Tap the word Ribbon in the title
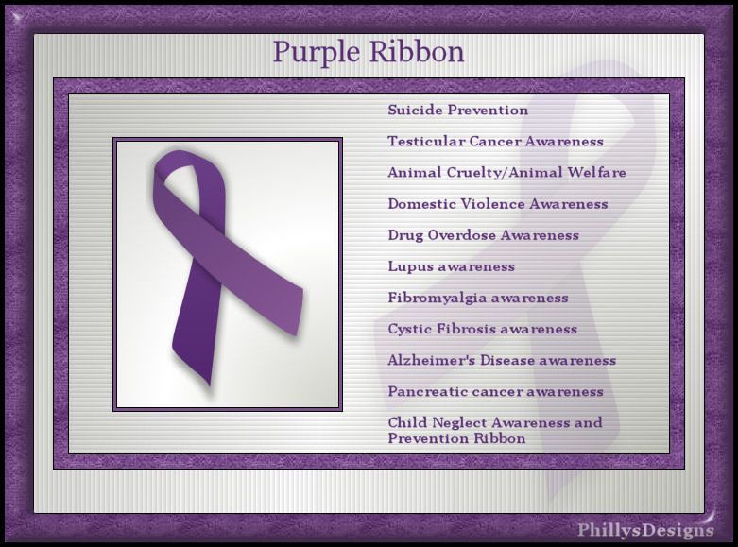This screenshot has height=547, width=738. (417, 51)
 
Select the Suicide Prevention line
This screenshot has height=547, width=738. (458, 111)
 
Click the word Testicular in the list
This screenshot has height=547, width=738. (426, 141)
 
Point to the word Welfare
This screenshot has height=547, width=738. (596, 172)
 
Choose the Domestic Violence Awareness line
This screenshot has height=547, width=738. (498, 204)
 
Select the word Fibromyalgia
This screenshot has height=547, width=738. (438, 299)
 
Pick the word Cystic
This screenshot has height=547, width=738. (409, 329)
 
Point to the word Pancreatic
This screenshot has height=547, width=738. (427, 392)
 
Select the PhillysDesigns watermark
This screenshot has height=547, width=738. (645, 530)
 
